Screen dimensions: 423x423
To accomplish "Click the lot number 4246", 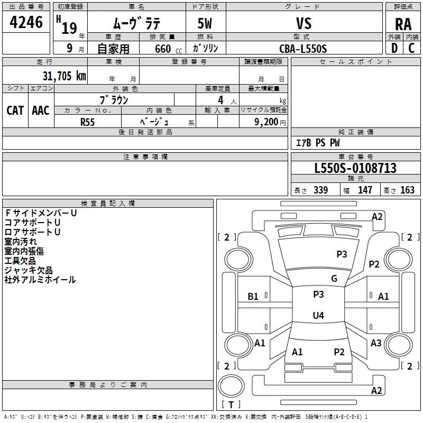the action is coord(26,22).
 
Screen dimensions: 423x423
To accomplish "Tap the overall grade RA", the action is coord(403,24).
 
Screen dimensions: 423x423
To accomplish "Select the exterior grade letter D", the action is coord(394,48).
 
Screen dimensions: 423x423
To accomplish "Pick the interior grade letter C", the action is coord(411,48).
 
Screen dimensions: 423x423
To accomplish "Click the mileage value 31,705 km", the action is coord(65,76).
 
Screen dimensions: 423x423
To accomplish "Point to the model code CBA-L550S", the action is coord(303,49).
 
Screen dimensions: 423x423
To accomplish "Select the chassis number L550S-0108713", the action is coord(355,168).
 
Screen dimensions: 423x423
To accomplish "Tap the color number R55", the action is coord(87,122).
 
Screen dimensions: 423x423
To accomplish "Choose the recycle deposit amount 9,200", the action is coord(266,122).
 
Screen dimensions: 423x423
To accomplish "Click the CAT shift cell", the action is coord(15,111).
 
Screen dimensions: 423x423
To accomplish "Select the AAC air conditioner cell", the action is coord(41,111).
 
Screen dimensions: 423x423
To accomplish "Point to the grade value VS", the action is coord(304,23).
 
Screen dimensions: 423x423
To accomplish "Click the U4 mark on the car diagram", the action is coord(318,315).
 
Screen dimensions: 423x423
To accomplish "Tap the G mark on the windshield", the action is coord(334,279).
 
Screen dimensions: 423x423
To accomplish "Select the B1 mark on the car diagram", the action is coord(253,297).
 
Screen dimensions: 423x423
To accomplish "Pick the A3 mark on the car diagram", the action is coord(376,343).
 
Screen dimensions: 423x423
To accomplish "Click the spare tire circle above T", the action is coord(231,386).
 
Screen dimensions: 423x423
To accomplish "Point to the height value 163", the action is coord(407,190).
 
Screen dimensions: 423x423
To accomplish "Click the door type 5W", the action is coord(205,23).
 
